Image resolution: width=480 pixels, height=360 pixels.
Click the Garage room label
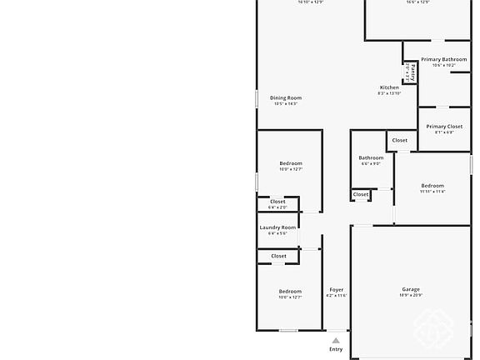(x=411, y=289)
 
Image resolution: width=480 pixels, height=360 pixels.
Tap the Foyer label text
(x=336, y=289)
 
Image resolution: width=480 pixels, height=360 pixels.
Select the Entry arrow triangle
(x=336, y=340)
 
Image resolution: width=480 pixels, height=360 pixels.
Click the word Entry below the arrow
(x=336, y=349)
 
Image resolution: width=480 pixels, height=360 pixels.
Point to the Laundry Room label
(x=277, y=227)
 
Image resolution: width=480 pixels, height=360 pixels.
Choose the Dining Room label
(x=285, y=97)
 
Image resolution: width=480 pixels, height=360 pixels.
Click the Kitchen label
(x=389, y=87)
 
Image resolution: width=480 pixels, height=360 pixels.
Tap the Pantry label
(x=412, y=72)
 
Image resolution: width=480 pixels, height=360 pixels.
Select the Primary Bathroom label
(x=443, y=59)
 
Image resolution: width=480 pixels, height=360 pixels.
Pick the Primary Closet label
(x=444, y=127)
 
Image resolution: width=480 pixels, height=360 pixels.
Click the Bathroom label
(x=371, y=157)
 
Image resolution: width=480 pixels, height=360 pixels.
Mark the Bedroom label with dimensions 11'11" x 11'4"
(x=432, y=186)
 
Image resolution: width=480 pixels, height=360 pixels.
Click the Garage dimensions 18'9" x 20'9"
(x=411, y=296)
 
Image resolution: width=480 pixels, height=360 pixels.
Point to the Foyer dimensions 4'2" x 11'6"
(x=336, y=296)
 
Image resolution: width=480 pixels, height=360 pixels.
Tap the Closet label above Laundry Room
(x=277, y=202)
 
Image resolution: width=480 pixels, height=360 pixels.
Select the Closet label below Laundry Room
(x=278, y=256)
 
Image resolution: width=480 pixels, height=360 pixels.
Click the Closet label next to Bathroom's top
(x=400, y=140)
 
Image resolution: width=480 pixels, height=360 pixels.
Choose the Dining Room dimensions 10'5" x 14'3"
(x=284, y=104)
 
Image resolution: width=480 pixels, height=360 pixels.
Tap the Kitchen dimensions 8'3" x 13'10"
(x=389, y=93)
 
